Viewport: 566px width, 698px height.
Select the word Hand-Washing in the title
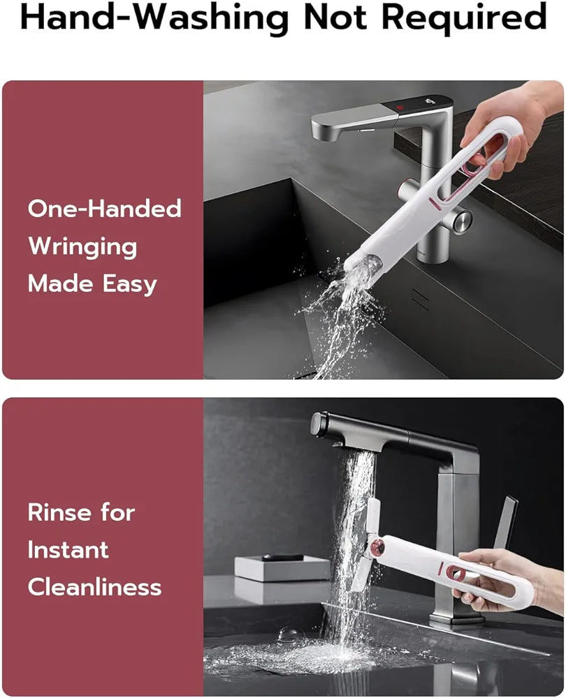pyautogui.click(x=154, y=19)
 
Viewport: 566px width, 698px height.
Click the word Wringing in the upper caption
pyautogui.click(x=82, y=247)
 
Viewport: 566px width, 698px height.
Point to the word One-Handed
pyautogui.click(x=104, y=208)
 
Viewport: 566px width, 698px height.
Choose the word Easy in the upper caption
pyautogui.click(x=129, y=284)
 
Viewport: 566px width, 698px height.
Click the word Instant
pyautogui.click(x=68, y=549)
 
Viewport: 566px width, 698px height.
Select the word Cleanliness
pyautogui.click(x=94, y=586)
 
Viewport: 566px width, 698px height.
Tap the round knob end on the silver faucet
pyautogui.click(x=462, y=221)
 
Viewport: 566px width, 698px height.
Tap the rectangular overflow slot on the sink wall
pyautogui.click(x=420, y=299)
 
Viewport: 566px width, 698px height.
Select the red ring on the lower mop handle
pyautogui.click(x=455, y=572)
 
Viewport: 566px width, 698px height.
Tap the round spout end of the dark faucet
pyautogui.click(x=318, y=424)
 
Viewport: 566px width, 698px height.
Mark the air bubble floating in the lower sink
pyautogui.click(x=288, y=635)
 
